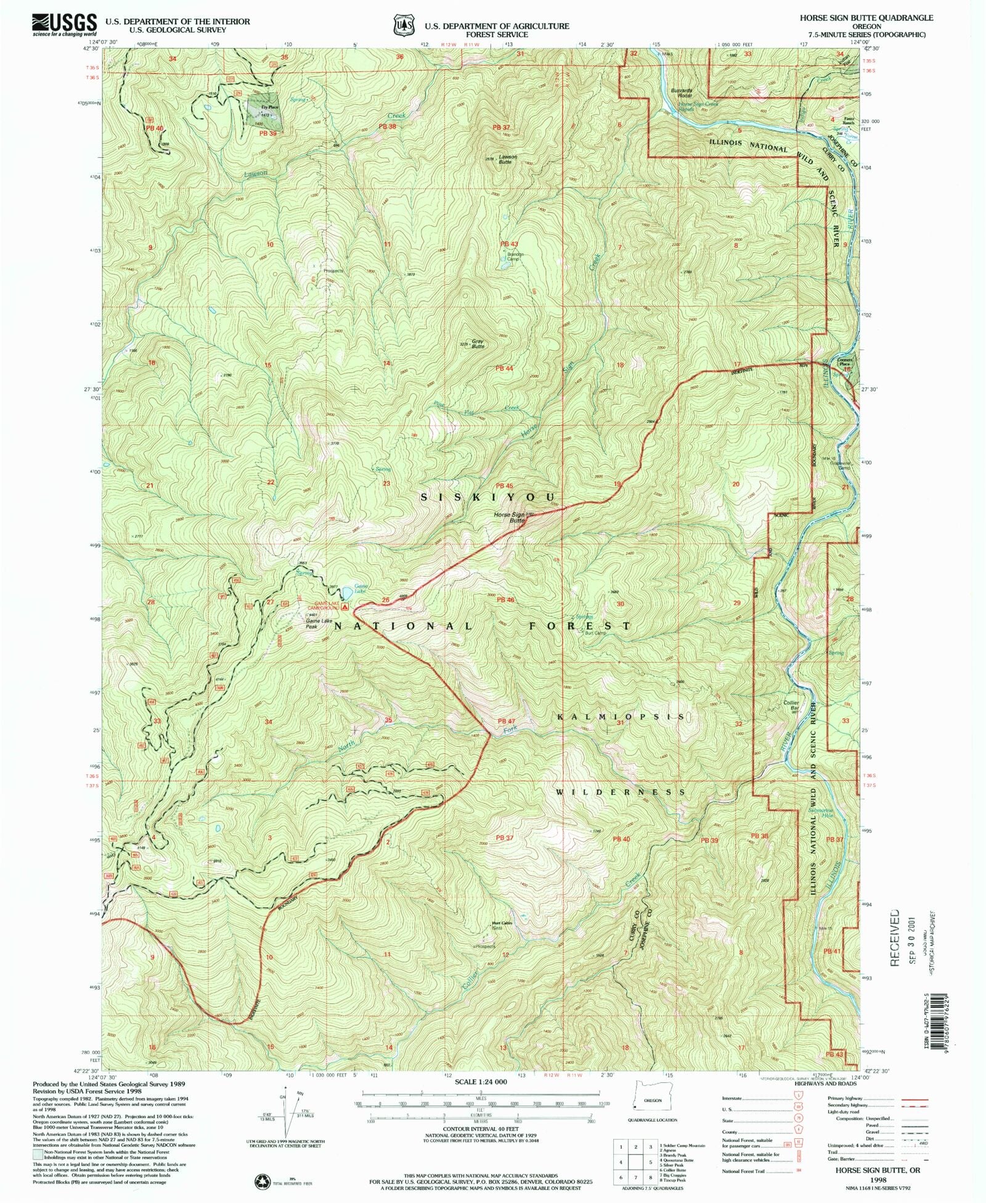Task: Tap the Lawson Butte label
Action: (508, 159)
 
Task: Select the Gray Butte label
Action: (478, 343)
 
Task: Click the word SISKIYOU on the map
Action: (488, 497)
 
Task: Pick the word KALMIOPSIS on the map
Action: (621, 717)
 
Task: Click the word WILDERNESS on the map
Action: (621, 792)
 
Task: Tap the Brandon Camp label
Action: (515, 256)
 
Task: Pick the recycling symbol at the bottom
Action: (263, 1181)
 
